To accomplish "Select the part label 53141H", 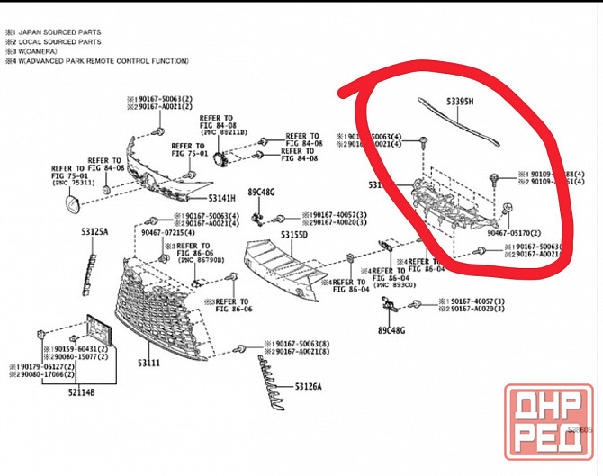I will [x=221, y=198].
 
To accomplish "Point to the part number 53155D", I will [x=293, y=235].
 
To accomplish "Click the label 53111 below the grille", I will [x=148, y=363].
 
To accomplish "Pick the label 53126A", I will [x=308, y=387].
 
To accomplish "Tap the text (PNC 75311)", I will [x=75, y=183].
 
